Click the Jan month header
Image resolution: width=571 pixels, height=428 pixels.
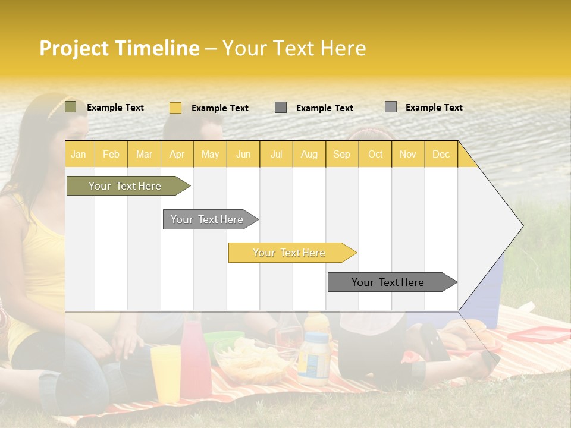pos(79,154)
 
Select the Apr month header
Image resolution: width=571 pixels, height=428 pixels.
pos(177,154)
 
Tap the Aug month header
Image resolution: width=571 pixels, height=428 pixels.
pos(309,154)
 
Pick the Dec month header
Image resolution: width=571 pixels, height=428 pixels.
pos(441,154)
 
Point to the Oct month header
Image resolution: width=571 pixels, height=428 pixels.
pos(375,154)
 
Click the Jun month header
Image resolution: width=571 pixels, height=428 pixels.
pos(243,154)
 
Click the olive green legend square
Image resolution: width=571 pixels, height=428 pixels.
pos(70,107)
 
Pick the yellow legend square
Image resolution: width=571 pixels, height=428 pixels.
pos(175,108)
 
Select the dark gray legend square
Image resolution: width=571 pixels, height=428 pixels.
pos(281,108)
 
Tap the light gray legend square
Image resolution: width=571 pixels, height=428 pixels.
pos(391,107)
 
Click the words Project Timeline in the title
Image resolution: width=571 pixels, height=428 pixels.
pos(119,48)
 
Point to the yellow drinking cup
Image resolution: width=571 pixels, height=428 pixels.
pos(165,372)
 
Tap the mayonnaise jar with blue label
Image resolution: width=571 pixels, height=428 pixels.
pos(313,357)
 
